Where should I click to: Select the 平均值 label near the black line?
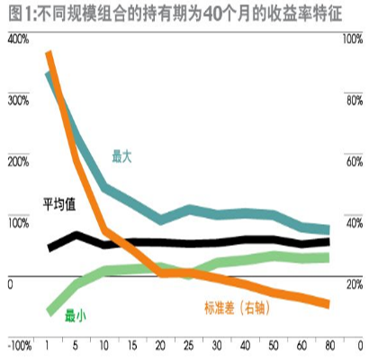coord(58,203)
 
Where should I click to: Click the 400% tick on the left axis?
coord(18,40)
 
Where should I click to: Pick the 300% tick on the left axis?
coord(18,100)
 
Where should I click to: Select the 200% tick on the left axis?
coord(18,161)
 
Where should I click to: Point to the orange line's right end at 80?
coord(328,305)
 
